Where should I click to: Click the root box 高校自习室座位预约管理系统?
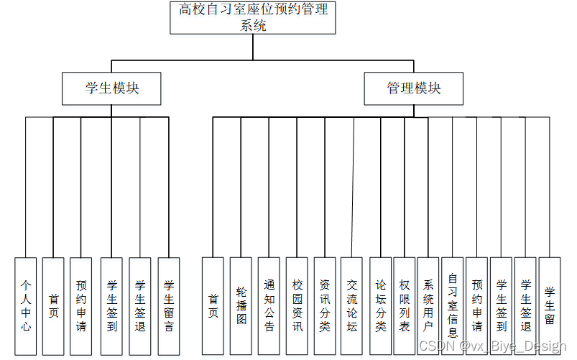pyautogui.click(x=254, y=17)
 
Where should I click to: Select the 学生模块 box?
pyautogui.click(x=111, y=88)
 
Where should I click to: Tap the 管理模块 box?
pyautogui.click(x=413, y=88)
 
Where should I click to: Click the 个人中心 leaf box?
pyautogui.click(x=25, y=306)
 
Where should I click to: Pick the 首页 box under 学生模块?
pyautogui.click(x=53, y=306)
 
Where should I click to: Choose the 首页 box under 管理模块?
pyautogui.click(x=213, y=306)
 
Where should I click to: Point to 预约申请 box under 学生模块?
pyautogui.click(x=80, y=306)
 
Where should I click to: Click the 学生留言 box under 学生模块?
pyautogui.click(x=168, y=306)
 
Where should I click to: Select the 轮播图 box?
pyautogui.click(x=241, y=306)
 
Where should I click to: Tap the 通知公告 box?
pyautogui.click(x=269, y=306)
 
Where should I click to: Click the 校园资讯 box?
pyautogui.click(x=297, y=306)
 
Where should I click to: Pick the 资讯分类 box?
pyautogui.click(x=325, y=306)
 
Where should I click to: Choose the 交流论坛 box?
pyautogui.click(x=351, y=306)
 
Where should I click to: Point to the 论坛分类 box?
pyautogui.click(x=380, y=306)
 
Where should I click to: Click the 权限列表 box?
pyautogui.click(x=405, y=306)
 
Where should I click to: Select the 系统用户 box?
pyautogui.click(x=428, y=306)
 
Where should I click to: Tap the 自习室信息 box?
pyautogui.click(x=453, y=306)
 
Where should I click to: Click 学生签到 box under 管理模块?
pyautogui.click(x=502, y=306)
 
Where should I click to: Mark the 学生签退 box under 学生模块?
pyautogui.click(x=140, y=306)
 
